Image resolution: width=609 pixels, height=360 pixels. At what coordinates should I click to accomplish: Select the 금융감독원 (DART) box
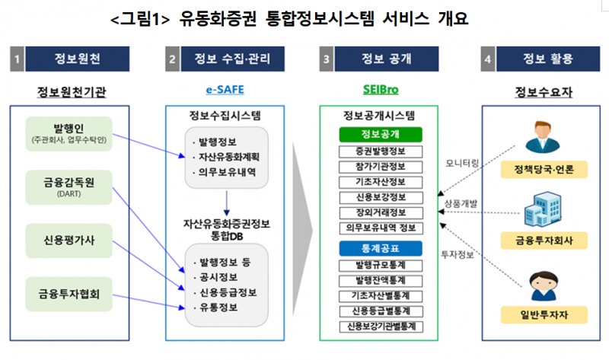(x=69, y=186)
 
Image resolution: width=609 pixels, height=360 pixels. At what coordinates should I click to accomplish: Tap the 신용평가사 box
(x=69, y=238)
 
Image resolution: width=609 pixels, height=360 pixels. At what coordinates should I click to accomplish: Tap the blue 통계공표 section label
(x=379, y=247)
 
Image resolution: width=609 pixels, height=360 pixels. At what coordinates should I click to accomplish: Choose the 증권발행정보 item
(x=379, y=150)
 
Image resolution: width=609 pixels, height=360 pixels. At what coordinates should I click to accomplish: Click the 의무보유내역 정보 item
(x=379, y=227)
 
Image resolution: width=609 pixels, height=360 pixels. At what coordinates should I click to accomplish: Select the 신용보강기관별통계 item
(x=379, y=327)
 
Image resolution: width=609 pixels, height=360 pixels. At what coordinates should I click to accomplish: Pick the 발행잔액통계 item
(x=379, y=279)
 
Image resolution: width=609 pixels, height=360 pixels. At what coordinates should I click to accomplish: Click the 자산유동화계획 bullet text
(x=228, y=157)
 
